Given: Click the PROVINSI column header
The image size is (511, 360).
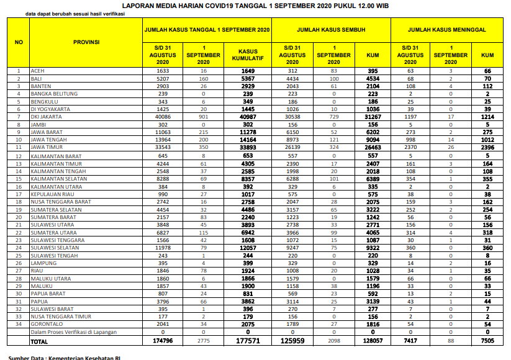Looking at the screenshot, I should click(x=86, y=42).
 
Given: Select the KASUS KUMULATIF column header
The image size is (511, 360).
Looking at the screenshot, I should click(x=248, y=55).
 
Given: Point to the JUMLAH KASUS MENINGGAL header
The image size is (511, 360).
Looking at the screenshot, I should click(x=446, y=30).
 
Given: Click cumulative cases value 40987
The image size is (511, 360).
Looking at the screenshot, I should click(x=248, y=117).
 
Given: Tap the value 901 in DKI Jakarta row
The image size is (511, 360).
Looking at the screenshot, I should click(x=204, y=117).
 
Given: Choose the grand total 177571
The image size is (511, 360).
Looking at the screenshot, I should click(x=248, y=341).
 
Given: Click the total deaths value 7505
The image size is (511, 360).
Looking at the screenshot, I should click(x=487, y=341).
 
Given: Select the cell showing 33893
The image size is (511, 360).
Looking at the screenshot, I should click(x=248, y=148).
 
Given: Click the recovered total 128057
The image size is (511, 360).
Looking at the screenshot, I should click(x=373, y=341).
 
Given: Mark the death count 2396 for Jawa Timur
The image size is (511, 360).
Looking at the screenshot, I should click(x=487, y=148).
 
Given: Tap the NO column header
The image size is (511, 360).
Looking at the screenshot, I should click(x=19, y=42).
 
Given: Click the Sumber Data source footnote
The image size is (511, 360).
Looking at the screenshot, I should click(x=59, y=357).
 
